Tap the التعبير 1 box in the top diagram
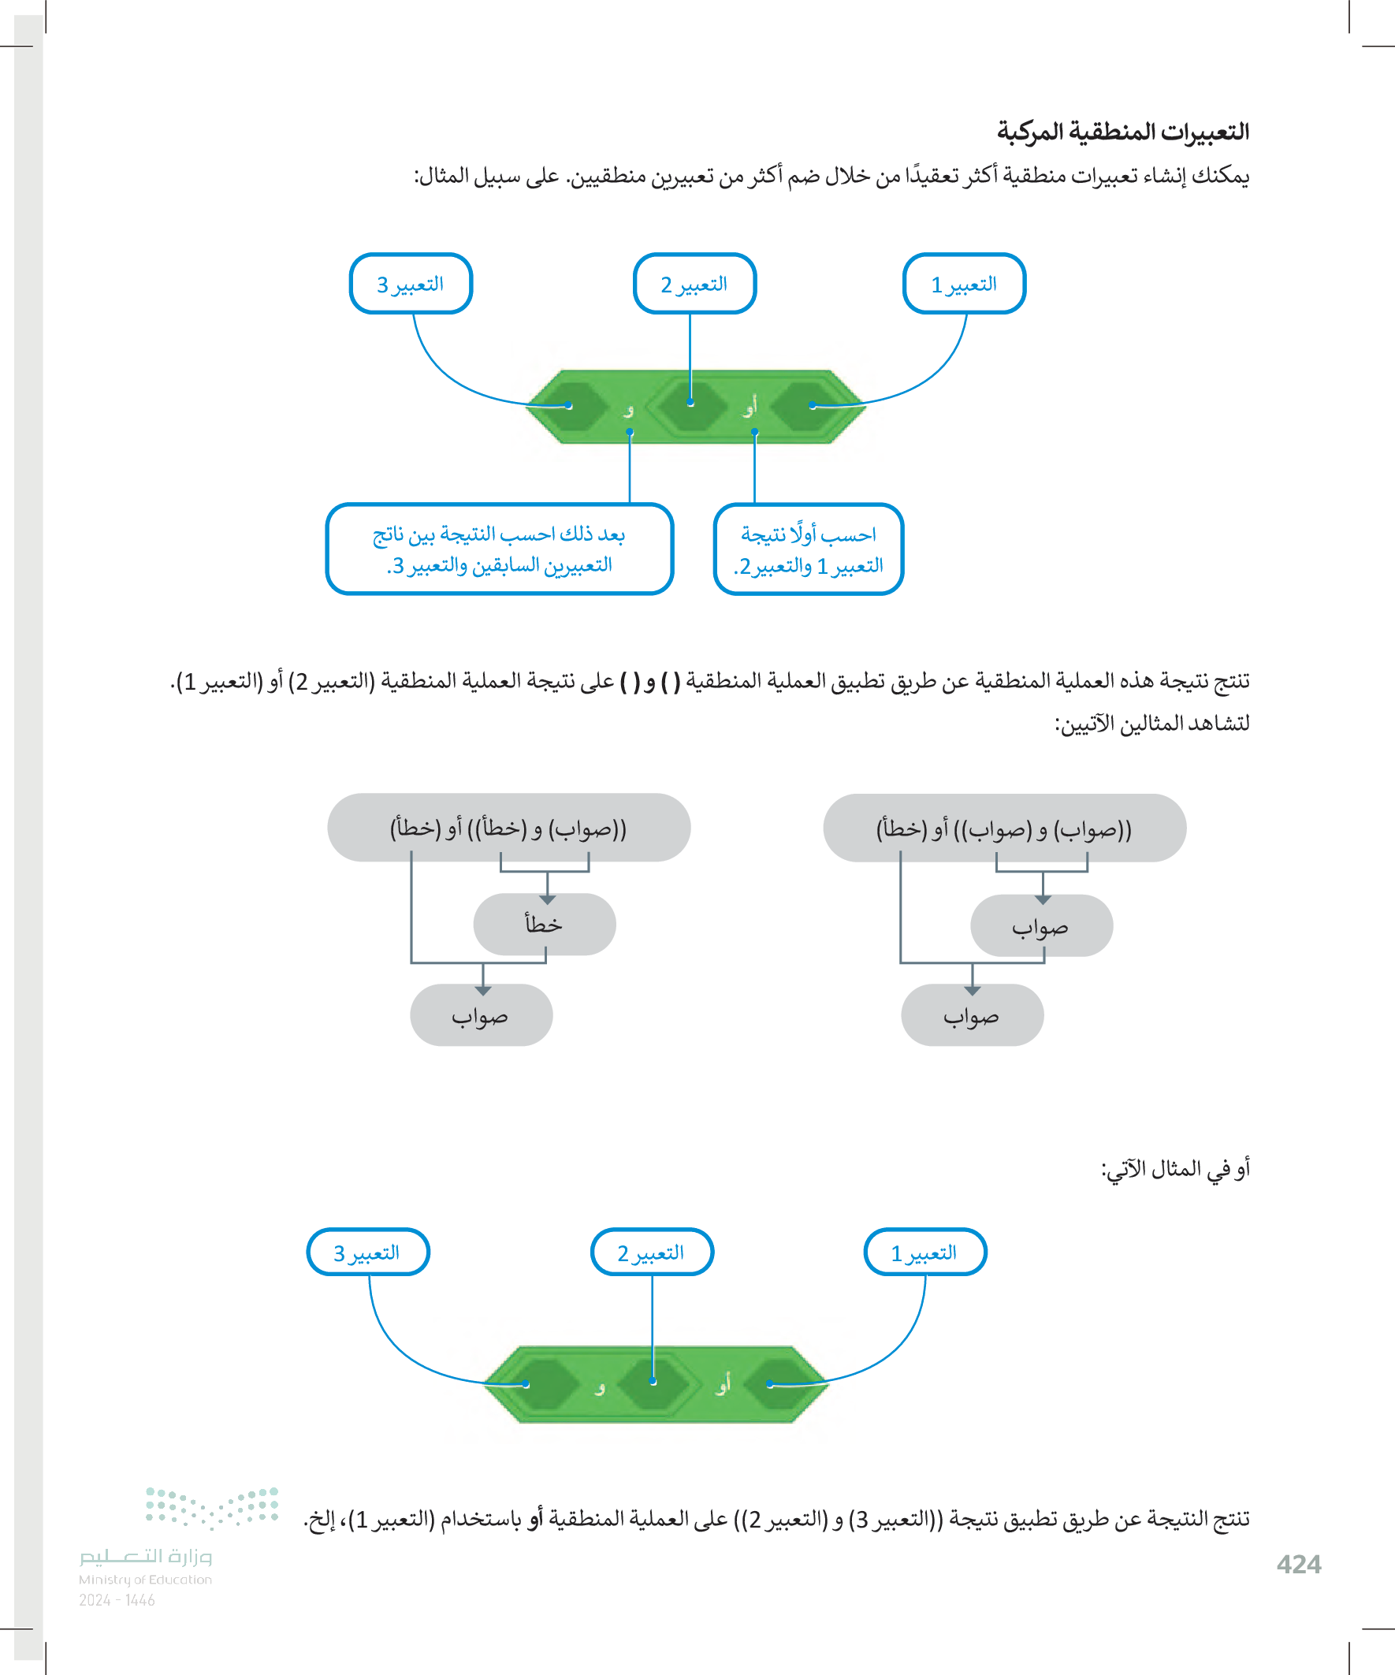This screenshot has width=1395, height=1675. click(x=964, y=284)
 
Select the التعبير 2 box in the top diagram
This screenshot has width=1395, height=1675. click(x=694, y=284)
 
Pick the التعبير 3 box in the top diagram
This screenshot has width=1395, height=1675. click(x=411, y=284)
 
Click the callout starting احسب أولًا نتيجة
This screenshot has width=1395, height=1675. click(x=808, y=549)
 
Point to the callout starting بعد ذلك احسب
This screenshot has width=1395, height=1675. click(x=500, y=549)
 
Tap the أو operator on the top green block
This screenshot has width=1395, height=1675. click(x=750, y=408)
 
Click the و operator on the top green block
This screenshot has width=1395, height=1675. click(x=628, y=410)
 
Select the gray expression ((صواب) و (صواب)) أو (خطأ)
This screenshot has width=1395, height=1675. click(x=1003, y=828)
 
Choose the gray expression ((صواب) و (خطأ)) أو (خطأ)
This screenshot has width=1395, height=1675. click(x=508, y=828)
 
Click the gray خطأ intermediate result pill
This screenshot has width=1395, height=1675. click(x=544, y=925)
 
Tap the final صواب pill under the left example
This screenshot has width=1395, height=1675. click(x=481, y=1015)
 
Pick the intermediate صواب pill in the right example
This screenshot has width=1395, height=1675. click(x=1041, y=926)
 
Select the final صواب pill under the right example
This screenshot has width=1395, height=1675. click(x=972, y=1015)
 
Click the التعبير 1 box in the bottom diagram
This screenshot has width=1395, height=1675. click(x=924, y=1253)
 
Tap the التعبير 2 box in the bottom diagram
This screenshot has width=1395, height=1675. click(x=651, y=1253)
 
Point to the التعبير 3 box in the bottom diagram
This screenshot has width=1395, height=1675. click(x=368, y=1253)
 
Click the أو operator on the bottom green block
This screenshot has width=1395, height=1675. click(x=723, y=1383)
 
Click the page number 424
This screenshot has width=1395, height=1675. click(x=1299, y=1564)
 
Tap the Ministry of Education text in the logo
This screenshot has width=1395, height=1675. click(x=145, y=1580)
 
